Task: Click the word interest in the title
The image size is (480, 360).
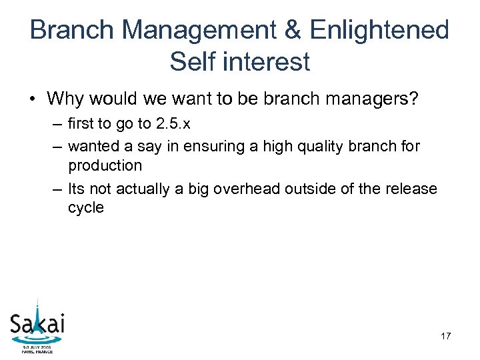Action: (265, 62)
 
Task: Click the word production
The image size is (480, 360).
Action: (105, 165)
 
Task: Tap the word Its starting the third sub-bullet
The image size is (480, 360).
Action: (77, 189)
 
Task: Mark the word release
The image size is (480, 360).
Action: (408, 189)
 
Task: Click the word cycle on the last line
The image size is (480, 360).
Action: (86, 207)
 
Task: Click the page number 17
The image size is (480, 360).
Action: (445, 336)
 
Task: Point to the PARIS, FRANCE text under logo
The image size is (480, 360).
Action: (37, 351)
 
